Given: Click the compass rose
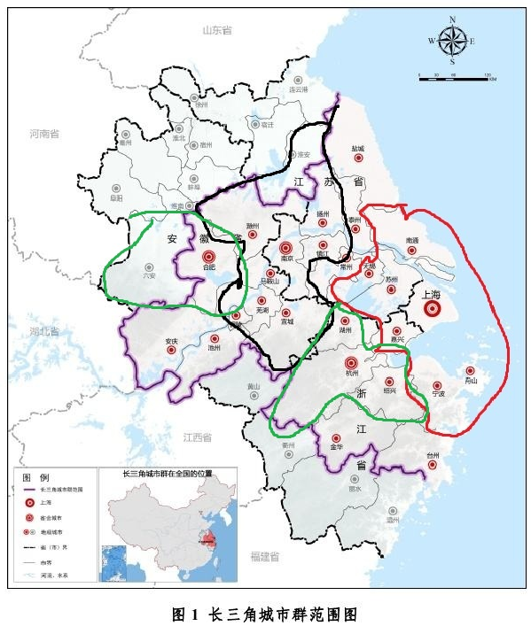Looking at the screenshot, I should (x=452, y=40).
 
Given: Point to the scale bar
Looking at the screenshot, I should (x=456, y=79).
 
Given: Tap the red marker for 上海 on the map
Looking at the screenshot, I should (x=433, y=309).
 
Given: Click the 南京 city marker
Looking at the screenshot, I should (x=285, y=249).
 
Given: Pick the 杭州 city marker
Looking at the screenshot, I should (x=351, y=362).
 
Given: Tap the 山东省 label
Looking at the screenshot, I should (x=216, y=30).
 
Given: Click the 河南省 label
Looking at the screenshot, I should (x=43, y=135).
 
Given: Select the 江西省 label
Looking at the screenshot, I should (x=197, y=437).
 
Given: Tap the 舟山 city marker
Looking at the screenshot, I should (x=470, y=371).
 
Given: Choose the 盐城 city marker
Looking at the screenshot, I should (x=359, y=158).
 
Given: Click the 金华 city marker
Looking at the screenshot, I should (x=336, y=438).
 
